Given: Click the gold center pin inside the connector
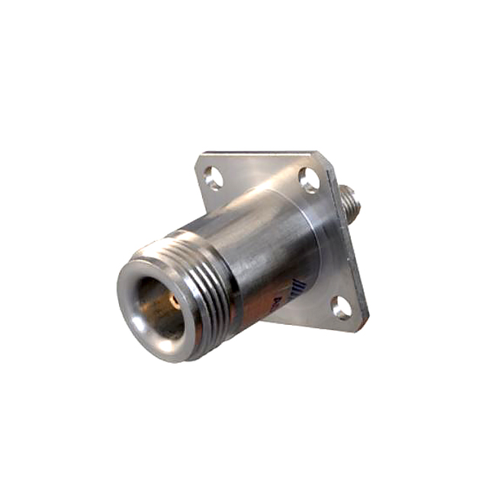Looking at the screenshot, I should (x=175, y=302).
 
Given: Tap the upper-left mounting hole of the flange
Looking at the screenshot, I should (x=213, y=178).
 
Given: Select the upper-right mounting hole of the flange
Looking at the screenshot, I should (x=309, y=180).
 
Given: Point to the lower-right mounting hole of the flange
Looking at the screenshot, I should (x=342, y=308).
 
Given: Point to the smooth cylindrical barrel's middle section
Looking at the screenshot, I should (x=274, y=244).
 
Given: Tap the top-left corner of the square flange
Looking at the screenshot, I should (x=200, y=158).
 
